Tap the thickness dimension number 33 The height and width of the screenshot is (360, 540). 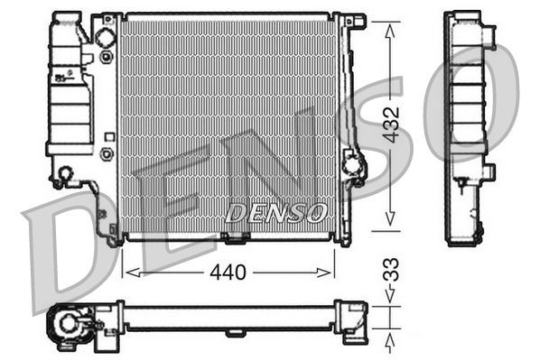pos(389,271)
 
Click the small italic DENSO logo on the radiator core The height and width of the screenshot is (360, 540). pos(275,213)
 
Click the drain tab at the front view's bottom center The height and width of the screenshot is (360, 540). pos(236,238)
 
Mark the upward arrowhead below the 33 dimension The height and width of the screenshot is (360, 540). pos(389,338)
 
